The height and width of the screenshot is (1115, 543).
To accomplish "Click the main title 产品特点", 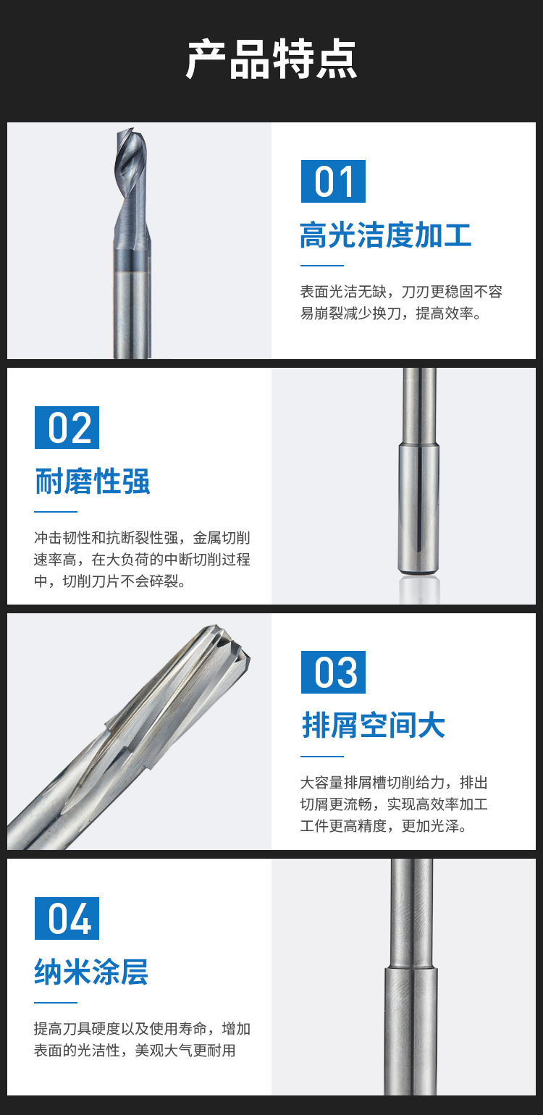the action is (x=271, y=59).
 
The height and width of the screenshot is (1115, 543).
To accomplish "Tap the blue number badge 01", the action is (x=334, y=181).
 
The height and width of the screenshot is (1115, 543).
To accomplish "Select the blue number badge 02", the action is (x=67, y=428).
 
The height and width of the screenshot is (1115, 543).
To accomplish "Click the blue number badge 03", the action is (x=334, y=672).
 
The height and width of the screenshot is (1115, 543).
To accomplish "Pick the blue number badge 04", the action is (x=67, y=918).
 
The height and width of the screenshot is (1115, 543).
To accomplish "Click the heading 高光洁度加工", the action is (x=386, y=235).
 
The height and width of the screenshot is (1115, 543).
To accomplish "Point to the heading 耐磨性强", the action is (x=93, y=481).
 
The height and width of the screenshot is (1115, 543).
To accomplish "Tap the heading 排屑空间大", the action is (x=374, y=725).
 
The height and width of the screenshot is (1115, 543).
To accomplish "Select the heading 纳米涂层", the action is (x=91, y=972).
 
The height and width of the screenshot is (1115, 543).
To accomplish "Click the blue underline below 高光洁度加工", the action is (x=322, y=266).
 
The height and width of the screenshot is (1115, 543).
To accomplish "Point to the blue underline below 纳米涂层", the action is (x=56, y=1003).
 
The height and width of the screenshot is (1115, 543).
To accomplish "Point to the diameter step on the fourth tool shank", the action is (x=411, y=969).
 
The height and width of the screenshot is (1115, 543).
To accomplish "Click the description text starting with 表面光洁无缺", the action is (x=401, y=302).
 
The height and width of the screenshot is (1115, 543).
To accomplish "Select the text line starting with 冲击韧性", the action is (x=142, y=537).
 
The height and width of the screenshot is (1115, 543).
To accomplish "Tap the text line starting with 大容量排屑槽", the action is (x=394, y=783).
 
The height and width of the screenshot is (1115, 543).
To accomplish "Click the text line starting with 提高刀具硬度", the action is (x=142, y=1028).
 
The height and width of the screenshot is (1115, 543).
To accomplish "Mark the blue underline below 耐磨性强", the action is (x=56, y=511).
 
